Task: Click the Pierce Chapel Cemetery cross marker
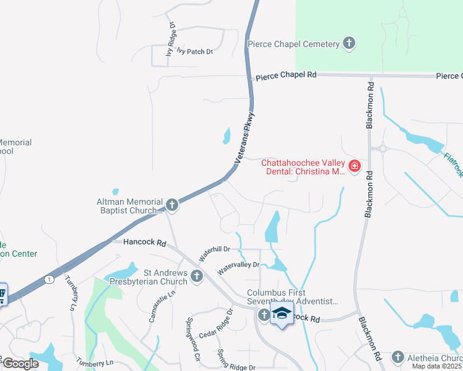coord(349,43)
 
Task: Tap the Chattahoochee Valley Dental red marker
coord(354,166)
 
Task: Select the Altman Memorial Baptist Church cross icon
coord(172,204)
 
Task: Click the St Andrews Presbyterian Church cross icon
coord(197,276)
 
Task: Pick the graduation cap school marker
coord(282,313)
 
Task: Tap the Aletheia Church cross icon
coord(397,357)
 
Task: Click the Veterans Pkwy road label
coord(245,137)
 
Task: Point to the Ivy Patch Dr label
coord(194,52)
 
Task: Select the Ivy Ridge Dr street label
coord(171,40)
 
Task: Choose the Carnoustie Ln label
coord(155,306)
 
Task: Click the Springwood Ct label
coord(193,339)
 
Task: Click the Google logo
coord(20,364)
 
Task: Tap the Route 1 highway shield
coord(49,279)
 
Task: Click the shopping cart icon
coord(2,294)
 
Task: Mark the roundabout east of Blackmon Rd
coord(383,148)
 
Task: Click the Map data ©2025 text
coord(437,366)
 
